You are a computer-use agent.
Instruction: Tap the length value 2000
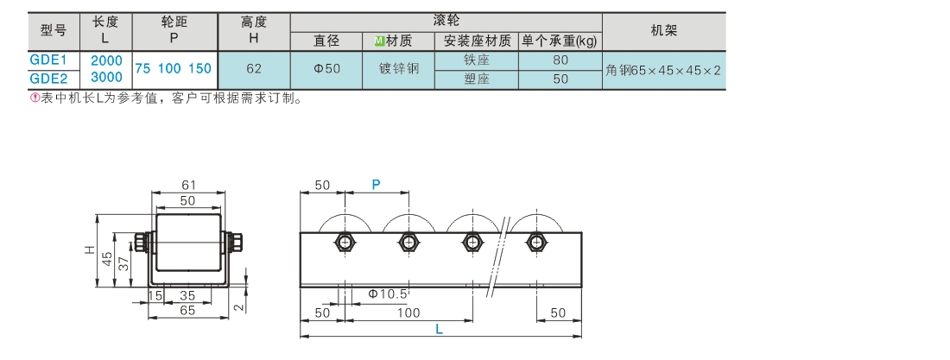tap(106, 60)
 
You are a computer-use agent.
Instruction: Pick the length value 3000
tap(106, 78)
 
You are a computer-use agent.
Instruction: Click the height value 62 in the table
tap(254, 69)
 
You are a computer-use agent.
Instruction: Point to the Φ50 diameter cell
tap(326, 69)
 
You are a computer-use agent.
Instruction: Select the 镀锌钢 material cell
tap(399, 69)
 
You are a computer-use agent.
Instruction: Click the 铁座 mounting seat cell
tap(477, 60)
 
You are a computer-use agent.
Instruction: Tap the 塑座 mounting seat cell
tap(477, 79)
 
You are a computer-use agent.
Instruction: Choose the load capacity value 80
tap(560, 60)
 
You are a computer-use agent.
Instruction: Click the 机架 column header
tap(664, 31)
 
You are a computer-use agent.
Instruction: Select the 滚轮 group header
tap(446, 21)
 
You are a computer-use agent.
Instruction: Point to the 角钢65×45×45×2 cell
tap(663, 70)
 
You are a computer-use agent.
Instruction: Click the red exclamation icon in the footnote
tap(35, 98)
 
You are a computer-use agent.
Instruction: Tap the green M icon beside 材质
tap(379, 41)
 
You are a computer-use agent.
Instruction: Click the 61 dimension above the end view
tap(188, 186)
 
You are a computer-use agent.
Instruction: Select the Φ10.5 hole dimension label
tap(388, 294)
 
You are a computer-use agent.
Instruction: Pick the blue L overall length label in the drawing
tap(440, 330)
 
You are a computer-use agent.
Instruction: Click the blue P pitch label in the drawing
tap(377, 185)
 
